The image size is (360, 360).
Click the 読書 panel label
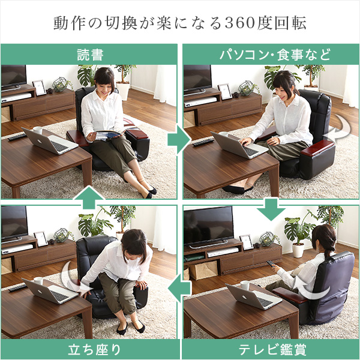tap(90, 55)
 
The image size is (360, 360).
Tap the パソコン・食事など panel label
tap(275, 55)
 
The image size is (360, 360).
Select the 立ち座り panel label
tap(94, 350)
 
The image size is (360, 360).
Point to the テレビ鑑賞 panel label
tap(272, 349)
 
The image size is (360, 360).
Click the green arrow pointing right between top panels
tap(179, 139)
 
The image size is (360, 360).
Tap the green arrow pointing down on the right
tap(271, 209)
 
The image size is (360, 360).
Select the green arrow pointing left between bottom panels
tap(179, 289)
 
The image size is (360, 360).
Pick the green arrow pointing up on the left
tap(89, 197)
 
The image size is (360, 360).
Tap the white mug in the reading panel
tap(38, 130)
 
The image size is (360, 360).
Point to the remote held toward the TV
tap(271, 264)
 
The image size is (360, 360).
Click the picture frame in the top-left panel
tap(40, 88)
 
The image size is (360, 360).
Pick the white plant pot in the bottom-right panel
tap(298, 250)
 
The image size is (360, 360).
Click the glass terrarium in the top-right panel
tap(246, 88)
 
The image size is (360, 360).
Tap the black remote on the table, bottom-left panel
tap(17, 287)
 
